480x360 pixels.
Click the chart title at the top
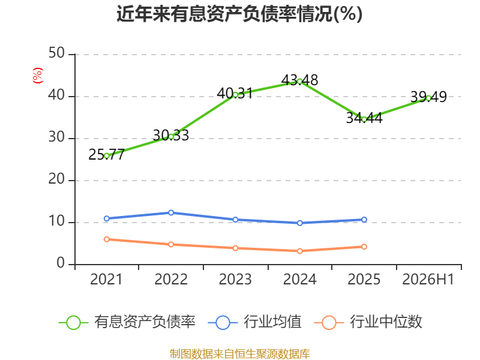point(239,14)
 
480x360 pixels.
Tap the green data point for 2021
point(107,156)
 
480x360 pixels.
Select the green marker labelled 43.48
point(299,82)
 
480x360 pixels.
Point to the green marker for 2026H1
point(428,98)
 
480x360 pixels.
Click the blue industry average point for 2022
point(171,212)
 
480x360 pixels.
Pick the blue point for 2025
point(364,220)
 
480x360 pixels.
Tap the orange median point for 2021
point(107,239)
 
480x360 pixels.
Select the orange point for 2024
point(299,251)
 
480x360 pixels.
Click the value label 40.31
point(235,94)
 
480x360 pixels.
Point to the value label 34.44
point(364,118)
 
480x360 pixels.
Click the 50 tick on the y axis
point(56,53)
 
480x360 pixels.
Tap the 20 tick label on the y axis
point(56,179)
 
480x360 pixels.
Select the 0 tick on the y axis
point(61,263)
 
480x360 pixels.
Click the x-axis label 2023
point(235,279)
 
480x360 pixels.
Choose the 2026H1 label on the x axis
point(428,279)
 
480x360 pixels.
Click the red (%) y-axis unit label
point(38,76)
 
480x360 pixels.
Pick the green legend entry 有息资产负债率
point(127,322)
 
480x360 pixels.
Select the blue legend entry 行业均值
point(254,322)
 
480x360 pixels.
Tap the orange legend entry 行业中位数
point(368,322)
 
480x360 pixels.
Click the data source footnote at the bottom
point(240,354)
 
